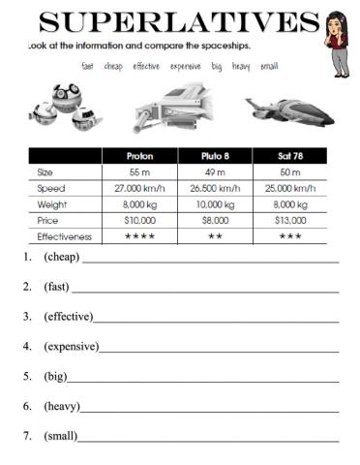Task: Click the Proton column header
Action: [x=139, y=155]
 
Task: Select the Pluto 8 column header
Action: [x=215, y=155]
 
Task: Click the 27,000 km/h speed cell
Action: [x=139, y=187]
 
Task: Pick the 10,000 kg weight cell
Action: [x=215, y=203]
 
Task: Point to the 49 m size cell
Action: [x=215, y=171]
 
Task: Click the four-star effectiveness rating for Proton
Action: [x=139, y=236]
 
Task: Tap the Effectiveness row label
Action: [x=64, y=236]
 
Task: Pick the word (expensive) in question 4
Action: [x=72, y=346]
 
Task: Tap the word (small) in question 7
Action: [x=61, y=435]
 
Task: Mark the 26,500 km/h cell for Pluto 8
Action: [x=215, y=187]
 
